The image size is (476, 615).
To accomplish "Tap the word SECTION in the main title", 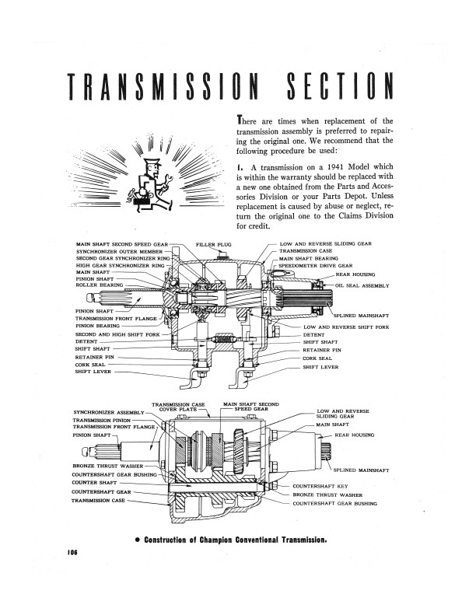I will coord(335,92).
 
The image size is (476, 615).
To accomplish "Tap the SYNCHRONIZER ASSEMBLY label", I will coord(109,412).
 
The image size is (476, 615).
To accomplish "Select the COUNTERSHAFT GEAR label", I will coord(103,491).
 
